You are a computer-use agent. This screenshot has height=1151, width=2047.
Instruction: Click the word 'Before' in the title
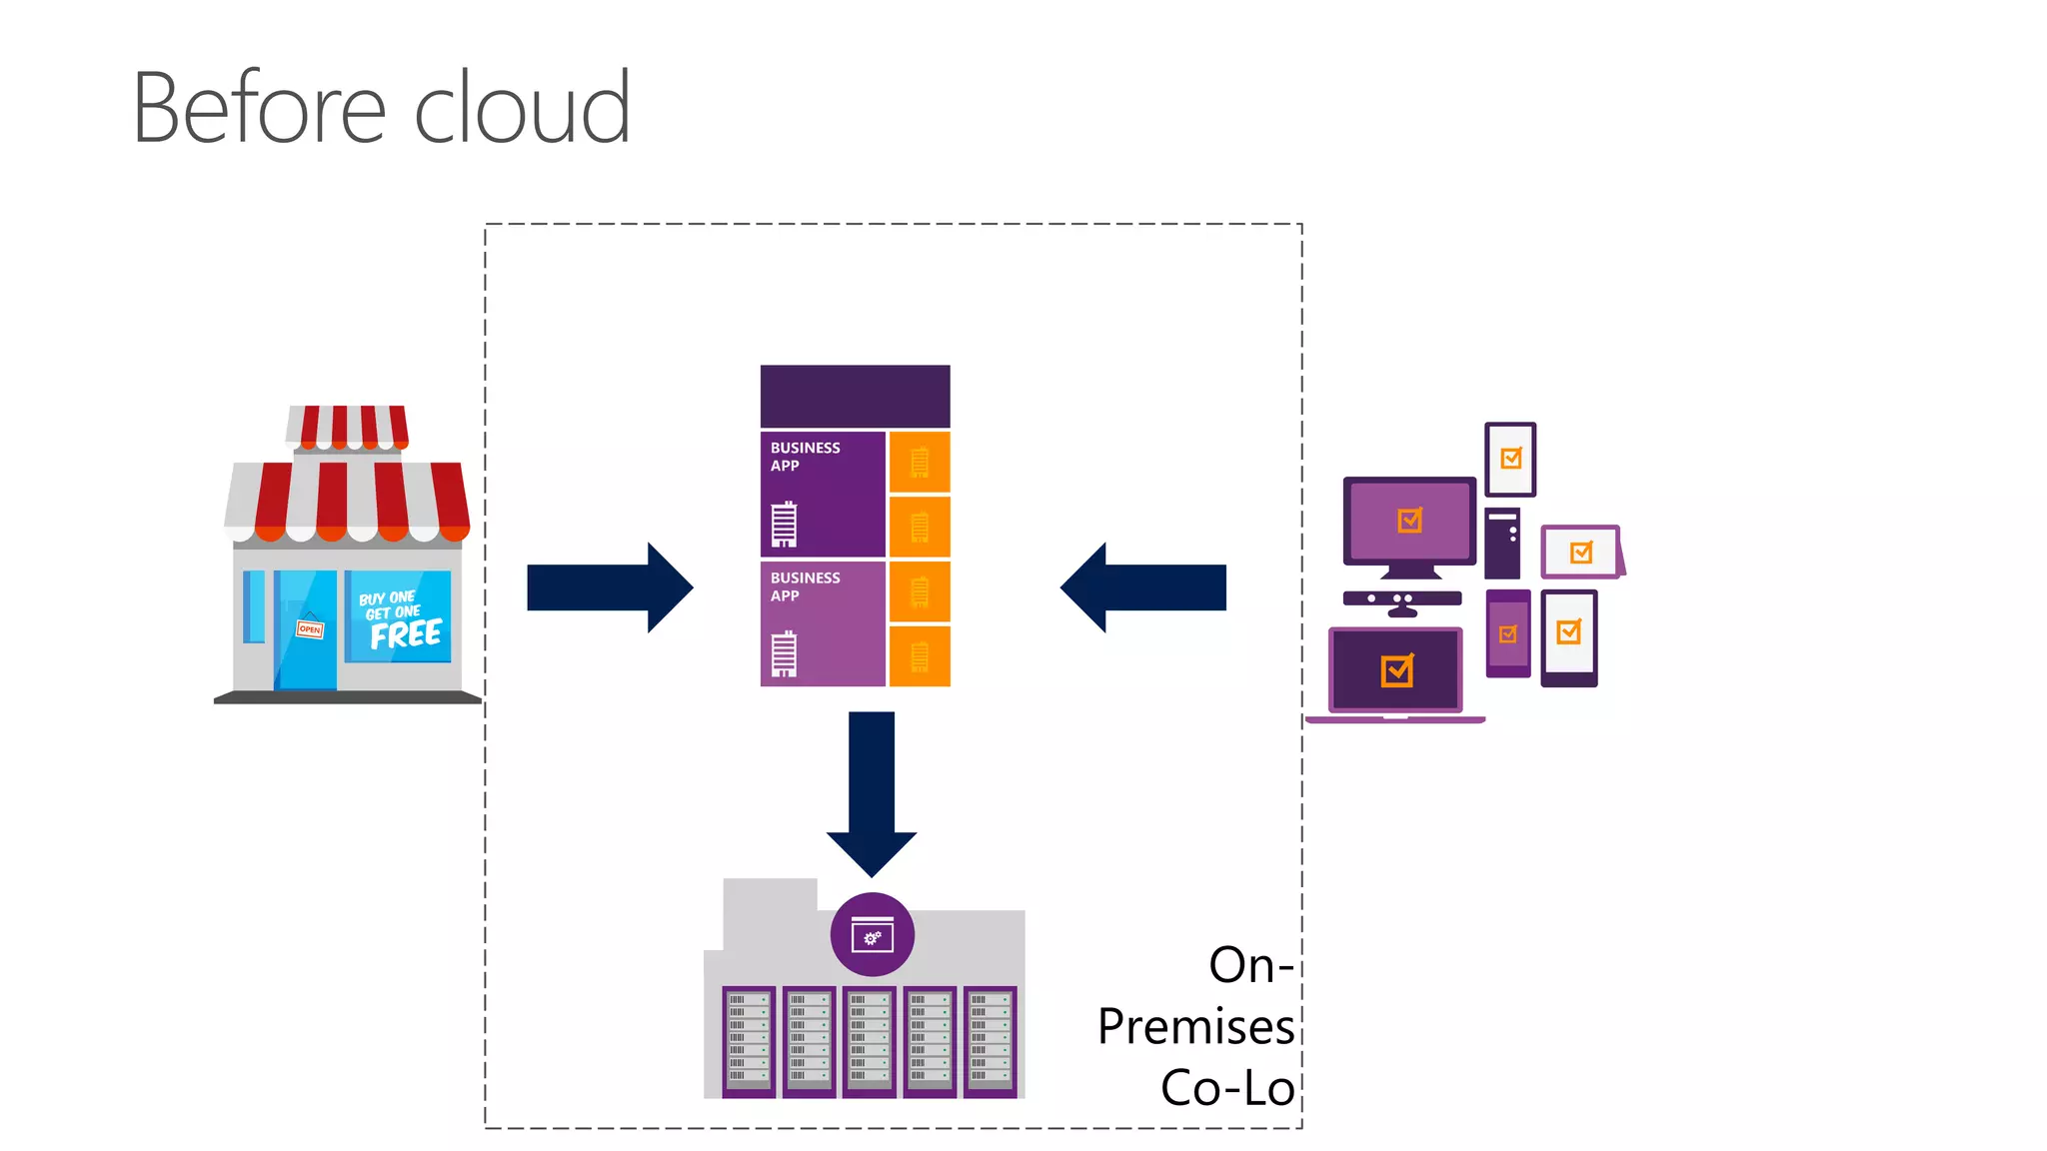point(258,108)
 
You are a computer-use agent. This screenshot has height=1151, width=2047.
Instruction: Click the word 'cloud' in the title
point(522,108)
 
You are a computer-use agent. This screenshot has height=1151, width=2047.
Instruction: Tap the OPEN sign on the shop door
point(310,628)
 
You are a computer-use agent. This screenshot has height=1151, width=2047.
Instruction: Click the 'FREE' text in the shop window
point(405,634)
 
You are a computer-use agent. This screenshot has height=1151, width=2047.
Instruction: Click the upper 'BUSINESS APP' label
point(805,457)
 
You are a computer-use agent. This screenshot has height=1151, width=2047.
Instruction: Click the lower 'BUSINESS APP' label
point(805,586)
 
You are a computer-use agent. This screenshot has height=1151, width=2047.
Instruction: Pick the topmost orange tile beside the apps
point(920,462)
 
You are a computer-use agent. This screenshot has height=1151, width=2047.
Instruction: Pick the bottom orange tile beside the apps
point(920,656)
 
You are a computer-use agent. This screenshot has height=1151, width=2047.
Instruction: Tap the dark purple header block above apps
point(855,397)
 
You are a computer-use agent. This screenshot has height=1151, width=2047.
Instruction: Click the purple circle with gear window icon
point(872,934)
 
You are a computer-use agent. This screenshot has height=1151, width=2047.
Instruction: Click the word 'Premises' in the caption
point(1195,1027)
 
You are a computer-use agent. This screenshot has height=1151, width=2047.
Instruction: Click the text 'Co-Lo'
point(1227,1087)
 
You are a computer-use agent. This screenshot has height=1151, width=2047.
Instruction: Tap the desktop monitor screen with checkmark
point(1409,521)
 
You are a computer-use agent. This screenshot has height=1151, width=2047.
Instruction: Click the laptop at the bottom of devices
point(1395,672)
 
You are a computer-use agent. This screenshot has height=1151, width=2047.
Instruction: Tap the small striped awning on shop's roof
point(348,427)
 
